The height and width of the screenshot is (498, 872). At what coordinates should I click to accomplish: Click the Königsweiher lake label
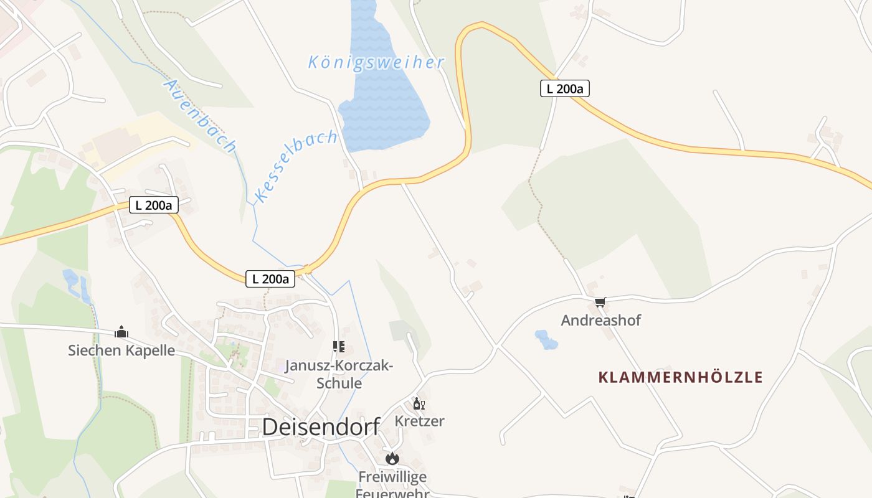[x=376, y=62]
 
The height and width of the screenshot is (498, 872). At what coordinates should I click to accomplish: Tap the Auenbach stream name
[x=200, y=116]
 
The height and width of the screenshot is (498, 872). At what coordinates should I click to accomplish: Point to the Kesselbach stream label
[x=296, y=166]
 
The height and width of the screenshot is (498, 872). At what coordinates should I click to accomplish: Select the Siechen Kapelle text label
[x=121, y=350]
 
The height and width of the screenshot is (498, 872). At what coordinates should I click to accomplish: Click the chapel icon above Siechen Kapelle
[x=121, y=332]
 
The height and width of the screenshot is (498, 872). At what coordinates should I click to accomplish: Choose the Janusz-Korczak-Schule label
[x=339, y=374]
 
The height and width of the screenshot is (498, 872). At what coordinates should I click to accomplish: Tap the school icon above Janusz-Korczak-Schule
[x=339, y=347]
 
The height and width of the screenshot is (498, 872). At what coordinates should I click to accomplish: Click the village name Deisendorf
[x=321, y=427]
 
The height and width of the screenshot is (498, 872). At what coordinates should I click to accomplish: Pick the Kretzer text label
[x=419, y=421]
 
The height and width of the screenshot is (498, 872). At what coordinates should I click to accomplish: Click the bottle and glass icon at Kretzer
[x=419, y=404]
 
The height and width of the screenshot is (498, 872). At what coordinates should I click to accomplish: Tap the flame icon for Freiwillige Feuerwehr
[x=392, y=459]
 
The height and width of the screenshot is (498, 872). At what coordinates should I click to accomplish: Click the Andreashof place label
[x=600, y=321]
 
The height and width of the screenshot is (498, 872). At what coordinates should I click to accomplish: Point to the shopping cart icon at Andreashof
[x=600, y=303]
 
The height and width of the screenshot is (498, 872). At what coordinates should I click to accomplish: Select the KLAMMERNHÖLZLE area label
[x=680, y=377]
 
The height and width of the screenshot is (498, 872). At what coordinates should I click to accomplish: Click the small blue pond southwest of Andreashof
[x=546, y=340]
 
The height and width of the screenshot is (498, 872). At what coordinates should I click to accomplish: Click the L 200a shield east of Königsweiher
[x=564, y=89]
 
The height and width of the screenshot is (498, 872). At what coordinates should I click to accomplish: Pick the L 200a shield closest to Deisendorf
[x=270, y=279]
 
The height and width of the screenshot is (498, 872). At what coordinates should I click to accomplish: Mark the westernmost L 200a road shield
[x=154, y=205]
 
